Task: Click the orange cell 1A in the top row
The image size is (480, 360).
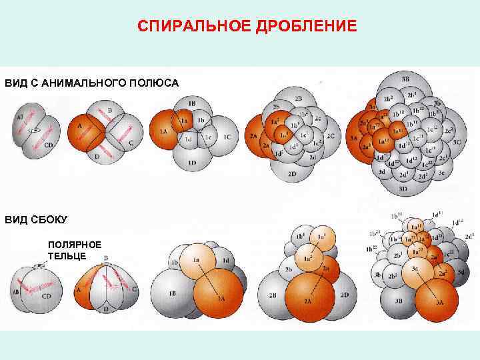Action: [162, 132]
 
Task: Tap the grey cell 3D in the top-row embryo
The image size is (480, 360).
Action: [403, 187]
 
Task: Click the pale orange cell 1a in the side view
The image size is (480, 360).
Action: [197, 261]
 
